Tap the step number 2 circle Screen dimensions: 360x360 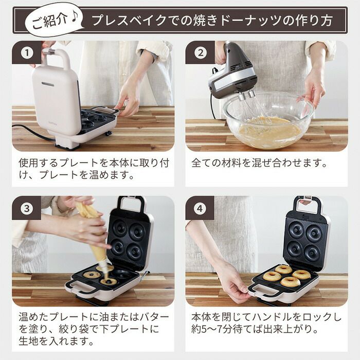201,53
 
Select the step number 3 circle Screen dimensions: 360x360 27,208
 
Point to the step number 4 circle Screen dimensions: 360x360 200,208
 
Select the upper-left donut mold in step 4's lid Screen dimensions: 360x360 296,229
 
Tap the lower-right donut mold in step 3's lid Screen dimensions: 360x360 135,251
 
